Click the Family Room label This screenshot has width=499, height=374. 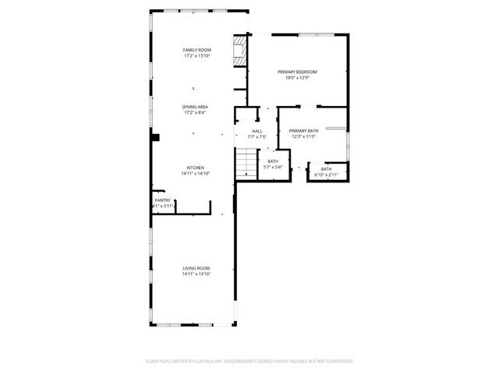coord(196,50)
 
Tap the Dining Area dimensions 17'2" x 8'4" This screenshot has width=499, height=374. coord(196,113)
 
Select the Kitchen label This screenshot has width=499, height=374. coord(196,168)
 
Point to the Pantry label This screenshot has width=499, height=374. coord(162,200)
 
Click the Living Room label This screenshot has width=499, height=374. coord(196,268)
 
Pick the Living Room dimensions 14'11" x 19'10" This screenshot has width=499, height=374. coord(196,274)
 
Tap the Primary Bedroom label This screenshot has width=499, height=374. coord(297,72)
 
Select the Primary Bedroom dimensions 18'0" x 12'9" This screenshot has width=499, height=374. coord(297,78)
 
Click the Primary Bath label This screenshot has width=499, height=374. coord(303,131)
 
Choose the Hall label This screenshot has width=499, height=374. coord(257,131)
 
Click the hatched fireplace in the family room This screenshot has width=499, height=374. coord(240,53)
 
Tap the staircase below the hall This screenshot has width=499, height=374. coord(246,164)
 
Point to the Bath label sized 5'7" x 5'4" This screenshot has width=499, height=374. coord(273,161)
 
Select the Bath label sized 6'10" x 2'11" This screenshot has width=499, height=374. coord(326,169)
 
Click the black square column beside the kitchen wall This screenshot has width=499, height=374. coord(156,137)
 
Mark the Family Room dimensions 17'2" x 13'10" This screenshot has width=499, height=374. coord(196,56)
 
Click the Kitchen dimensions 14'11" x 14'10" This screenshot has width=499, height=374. coord(196,174)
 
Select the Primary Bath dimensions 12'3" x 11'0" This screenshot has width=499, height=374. coord(303,137)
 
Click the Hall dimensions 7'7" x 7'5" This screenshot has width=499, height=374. coord(257,137)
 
